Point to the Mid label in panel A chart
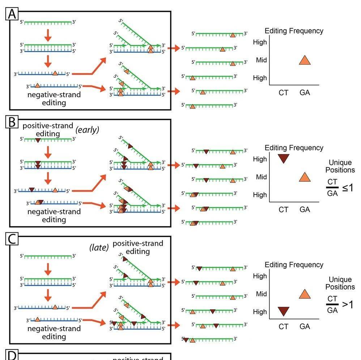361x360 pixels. pyautogui.click(x=261, y=60)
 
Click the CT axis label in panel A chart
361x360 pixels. pyautogui.click(x=284, y=93)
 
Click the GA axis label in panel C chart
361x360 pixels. pyautogui.click(x=305, y=327)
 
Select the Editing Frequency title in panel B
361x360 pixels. pyautogui.click(x=294, y=148)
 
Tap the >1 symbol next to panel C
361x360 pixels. pyautogui.click(x=347, y=305)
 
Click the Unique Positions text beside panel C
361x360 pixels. pyautogui.click(x=340, y=283)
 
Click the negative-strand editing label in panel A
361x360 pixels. pyautogui.click(x=54, y=99)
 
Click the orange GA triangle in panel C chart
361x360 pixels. pyautogui.click(x=305, y=294)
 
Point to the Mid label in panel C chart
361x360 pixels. pyautogui.click(x=261, y=294)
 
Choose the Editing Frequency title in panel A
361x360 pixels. pyautogui.click(x=294, y=31)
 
